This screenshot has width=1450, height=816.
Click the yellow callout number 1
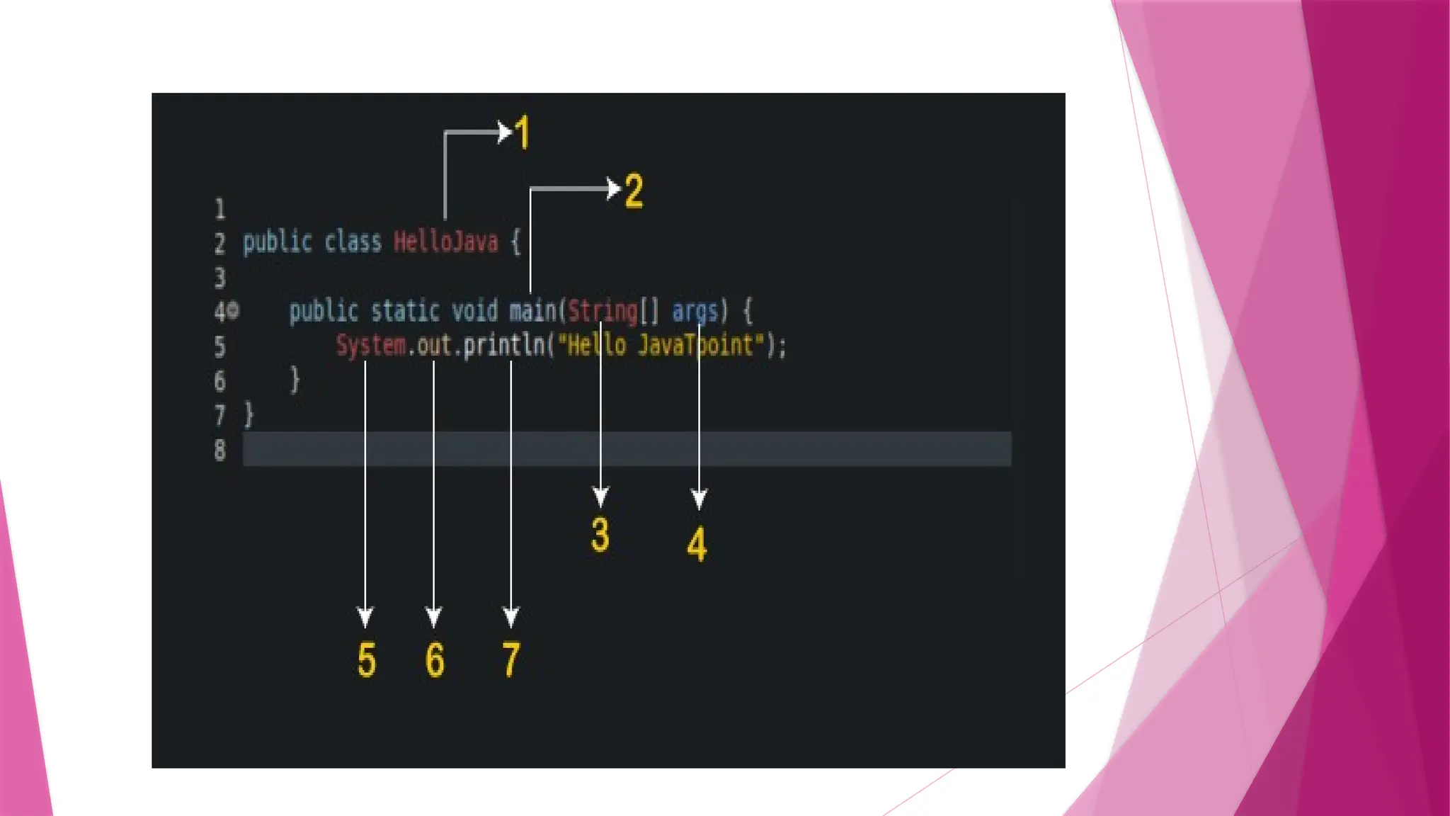point(523,132)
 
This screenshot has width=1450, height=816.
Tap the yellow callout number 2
point(634,191)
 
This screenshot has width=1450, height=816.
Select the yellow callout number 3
point(600,535)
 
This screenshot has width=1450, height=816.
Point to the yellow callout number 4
point(697,544)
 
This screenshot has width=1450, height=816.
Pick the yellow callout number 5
point(366,660)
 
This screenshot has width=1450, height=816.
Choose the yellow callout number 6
point(435,660)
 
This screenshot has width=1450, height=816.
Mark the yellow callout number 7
point(511,660)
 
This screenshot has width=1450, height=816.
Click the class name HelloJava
point(446,242)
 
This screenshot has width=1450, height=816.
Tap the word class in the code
point(353,242)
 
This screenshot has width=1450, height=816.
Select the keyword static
point(405,311)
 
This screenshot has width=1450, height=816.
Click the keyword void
point(475,311)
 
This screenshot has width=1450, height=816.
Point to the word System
point(371,346)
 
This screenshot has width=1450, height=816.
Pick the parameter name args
point(695,311)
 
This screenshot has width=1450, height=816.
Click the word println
point(503,346)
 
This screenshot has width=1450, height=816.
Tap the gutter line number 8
point(220,450)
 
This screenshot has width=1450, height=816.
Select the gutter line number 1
point(220,209)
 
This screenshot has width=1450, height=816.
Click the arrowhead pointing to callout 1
point(505,132)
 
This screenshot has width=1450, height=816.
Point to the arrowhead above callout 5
point(365,617)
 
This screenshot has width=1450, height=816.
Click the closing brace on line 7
point(249,414)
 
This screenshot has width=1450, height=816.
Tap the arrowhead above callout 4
point(699,499)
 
